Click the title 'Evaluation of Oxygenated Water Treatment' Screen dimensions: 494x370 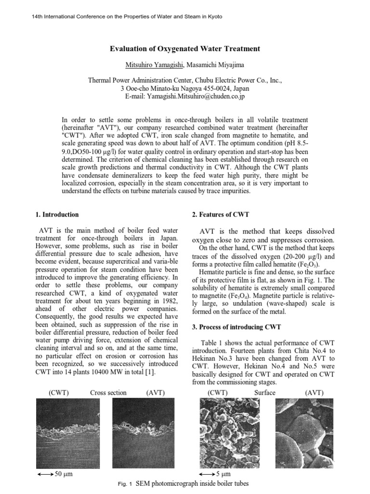(185, 49)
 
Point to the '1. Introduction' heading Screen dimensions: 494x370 (57, 215)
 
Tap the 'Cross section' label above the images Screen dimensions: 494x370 (108, 393)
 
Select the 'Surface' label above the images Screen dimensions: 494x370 (264, 393)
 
